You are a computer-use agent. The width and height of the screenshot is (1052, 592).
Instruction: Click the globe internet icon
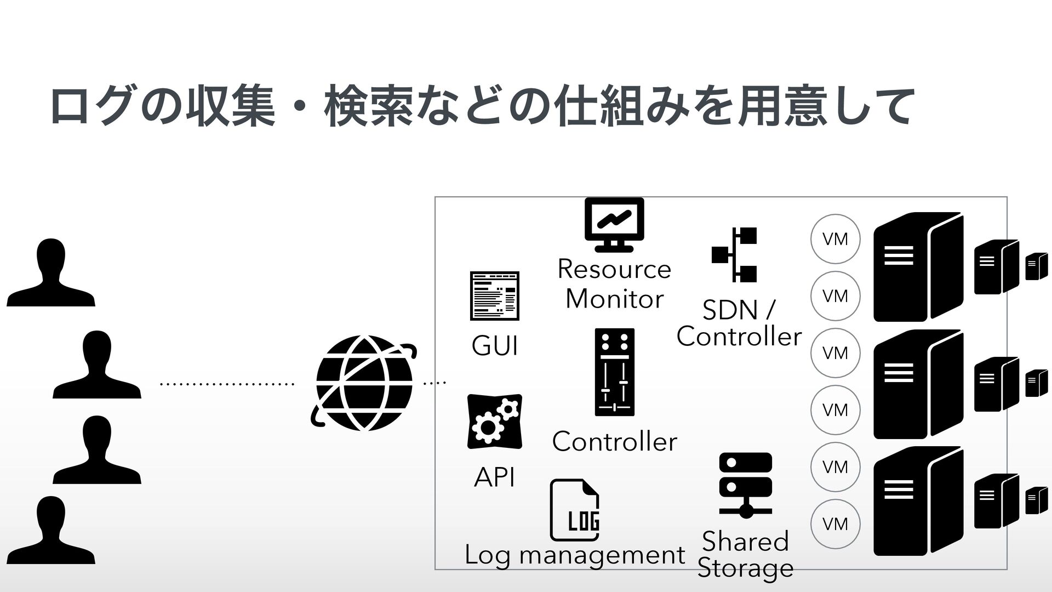tap(364, 383)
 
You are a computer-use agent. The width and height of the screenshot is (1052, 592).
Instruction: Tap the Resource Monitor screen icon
tap(614, 225)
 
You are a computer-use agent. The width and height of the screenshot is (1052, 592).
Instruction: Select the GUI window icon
tap(494, 295)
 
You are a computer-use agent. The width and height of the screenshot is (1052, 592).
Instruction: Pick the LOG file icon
tap(575, 510)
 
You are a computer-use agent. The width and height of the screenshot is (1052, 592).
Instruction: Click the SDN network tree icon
tap(735, 254)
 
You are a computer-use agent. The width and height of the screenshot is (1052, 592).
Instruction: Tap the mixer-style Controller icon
tap(614, 372)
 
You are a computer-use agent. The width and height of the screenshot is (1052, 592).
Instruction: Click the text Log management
tap(575, 555)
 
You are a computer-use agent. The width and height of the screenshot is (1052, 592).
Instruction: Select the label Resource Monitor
tap(614, 284)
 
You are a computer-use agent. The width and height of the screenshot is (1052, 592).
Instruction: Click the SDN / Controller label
tap(739, 323)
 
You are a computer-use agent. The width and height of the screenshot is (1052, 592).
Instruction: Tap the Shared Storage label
tap(745, 555)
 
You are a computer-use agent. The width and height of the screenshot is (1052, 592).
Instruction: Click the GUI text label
tap(494, 346)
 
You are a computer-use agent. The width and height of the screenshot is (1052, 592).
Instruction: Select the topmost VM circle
tap(835, 239)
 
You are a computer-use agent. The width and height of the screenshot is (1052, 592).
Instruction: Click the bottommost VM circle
tap(835, 524)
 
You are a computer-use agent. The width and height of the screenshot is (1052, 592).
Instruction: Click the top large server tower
tap(918, 267)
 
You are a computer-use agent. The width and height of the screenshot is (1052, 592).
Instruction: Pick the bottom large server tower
tap(918, 501)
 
